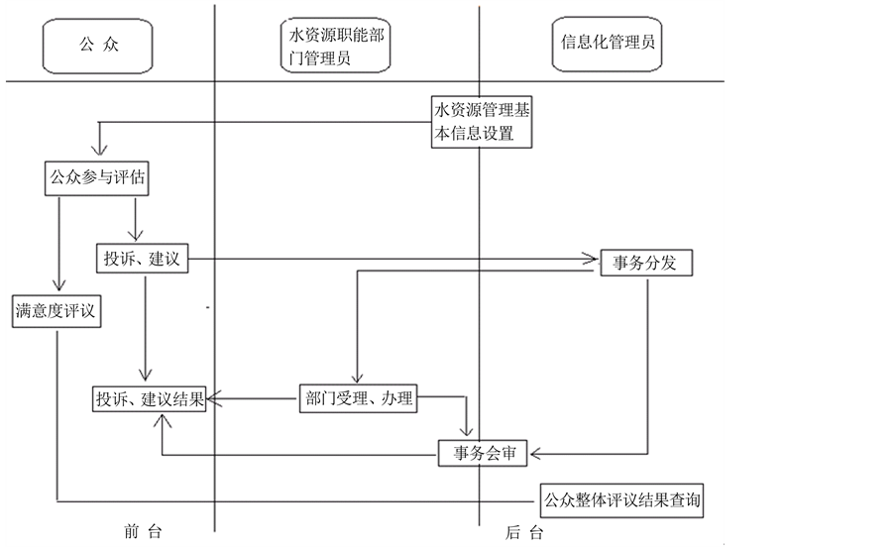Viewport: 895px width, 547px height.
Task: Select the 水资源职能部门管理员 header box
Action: (334, 47)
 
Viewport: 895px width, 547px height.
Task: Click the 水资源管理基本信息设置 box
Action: (480, 121)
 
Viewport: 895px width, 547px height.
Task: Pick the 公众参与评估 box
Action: (98, 178)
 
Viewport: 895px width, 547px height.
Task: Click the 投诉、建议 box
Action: (142, 260)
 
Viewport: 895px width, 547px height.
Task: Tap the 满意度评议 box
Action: (57, 310)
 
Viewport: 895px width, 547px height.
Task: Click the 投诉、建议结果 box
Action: (149, 400)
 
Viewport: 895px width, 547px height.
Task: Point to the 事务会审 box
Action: (485, 454)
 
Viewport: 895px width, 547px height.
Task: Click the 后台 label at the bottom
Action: (523, 532)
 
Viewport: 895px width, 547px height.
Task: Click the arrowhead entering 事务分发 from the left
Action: (593, 261)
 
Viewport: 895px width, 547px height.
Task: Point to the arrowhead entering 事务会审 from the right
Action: (537, 454)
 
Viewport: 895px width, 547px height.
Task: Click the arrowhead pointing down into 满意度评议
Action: (59, 289)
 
